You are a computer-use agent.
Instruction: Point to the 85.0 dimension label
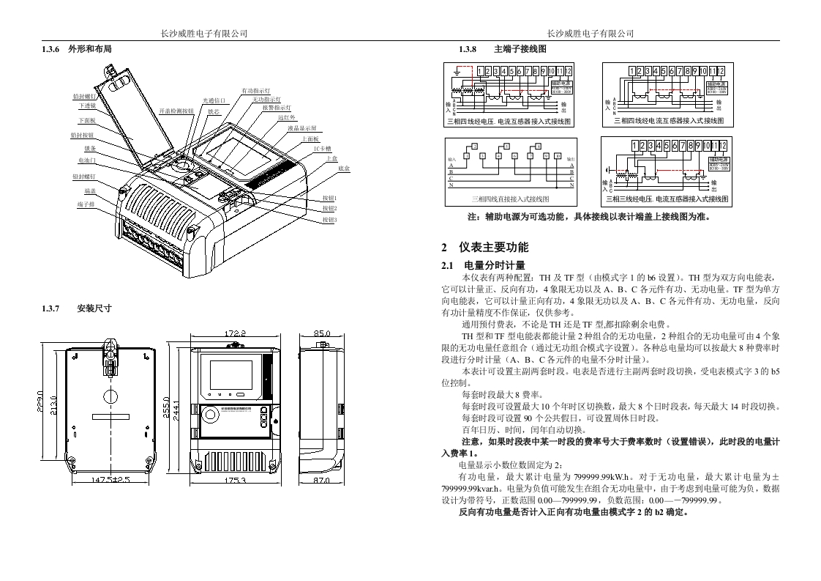pos(321,334)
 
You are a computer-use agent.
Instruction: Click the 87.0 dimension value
pos(321,481)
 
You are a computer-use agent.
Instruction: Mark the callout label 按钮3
pos(329,220)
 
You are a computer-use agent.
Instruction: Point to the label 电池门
pos(86,160)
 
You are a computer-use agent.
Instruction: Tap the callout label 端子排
pos(85,204)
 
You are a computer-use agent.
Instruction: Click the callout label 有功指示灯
pos(256,90)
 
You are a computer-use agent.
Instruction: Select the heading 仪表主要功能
pos(493,248)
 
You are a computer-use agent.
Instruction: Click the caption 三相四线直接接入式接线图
pos(510,199)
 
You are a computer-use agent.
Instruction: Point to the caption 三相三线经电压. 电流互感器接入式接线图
pos(666,199)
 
